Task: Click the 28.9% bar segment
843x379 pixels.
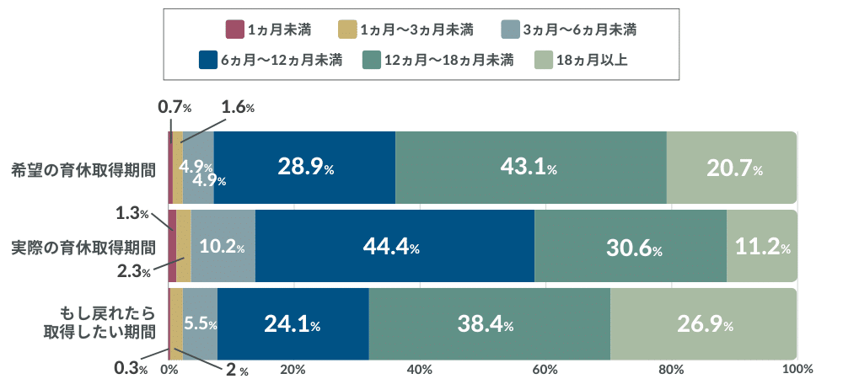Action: [x=304, y=168]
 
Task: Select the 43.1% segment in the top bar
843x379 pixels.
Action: [x=530, y=168]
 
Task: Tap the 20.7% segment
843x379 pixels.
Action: [x=731, y=168]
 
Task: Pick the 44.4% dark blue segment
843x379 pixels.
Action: [x=395, y=246]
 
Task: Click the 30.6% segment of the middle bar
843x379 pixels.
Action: [x=631, y=246]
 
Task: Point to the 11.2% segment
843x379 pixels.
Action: [x=761, y=246]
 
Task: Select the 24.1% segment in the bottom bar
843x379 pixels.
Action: [x=293, y=324]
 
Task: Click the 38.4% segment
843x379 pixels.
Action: [x=489, y=324]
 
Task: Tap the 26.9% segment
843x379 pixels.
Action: [x=703, y=324]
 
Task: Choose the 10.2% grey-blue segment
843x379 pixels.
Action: [x=223, y=246]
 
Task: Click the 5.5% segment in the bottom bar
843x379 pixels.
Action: [x=201, y=324]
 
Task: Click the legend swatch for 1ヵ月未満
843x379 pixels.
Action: [x=234, y=30]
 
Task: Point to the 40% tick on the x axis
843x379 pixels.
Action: [x=419, y=369]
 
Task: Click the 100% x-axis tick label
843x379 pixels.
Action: [x=797, y=369]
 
